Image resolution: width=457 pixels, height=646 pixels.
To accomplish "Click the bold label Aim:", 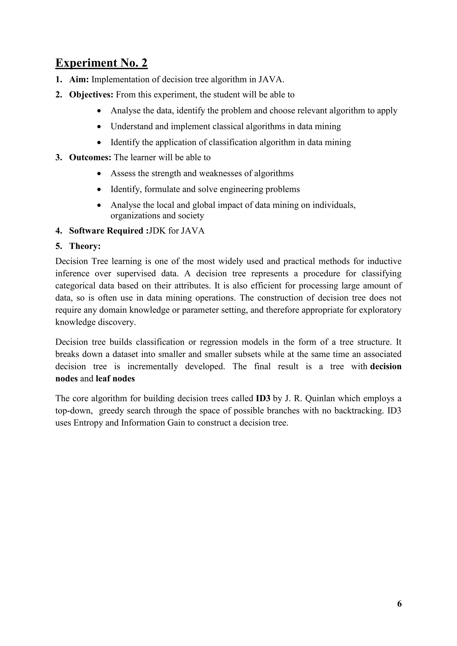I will pos(79,80).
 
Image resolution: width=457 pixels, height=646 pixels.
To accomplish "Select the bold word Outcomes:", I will pos(90,157).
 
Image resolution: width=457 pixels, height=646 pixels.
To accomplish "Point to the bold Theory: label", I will pos(85,246).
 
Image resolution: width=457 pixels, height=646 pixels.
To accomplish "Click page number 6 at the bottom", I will pos(399,604).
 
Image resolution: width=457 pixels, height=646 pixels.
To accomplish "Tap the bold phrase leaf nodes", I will pos(115,379).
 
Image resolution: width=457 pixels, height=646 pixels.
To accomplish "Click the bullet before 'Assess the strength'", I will pos(99,174).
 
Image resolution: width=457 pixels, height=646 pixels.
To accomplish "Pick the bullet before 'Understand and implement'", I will pos(99,127).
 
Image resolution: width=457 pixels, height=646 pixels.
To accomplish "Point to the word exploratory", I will pos(383,310).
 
